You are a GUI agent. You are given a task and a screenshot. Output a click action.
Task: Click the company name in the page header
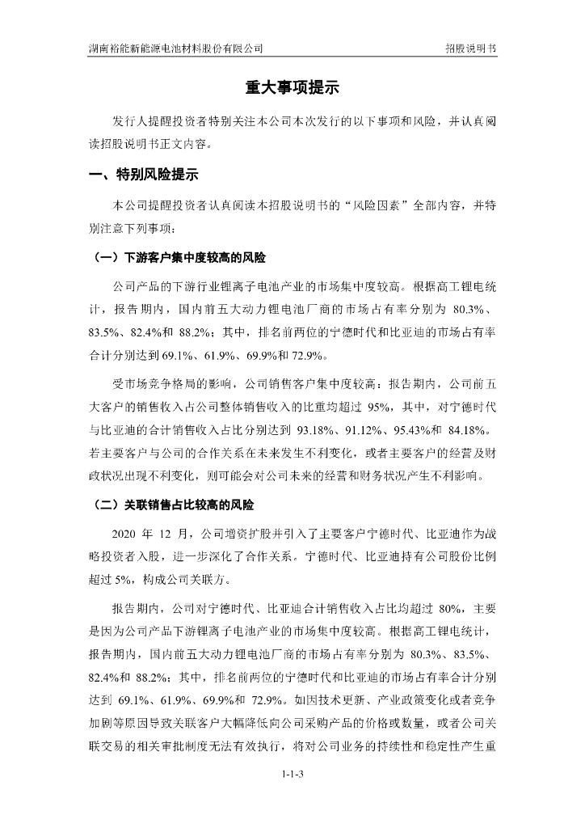click(175, 49)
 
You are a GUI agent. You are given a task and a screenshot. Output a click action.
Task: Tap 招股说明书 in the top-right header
click(470, 49)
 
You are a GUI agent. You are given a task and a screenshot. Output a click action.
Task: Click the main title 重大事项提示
click(292, 87)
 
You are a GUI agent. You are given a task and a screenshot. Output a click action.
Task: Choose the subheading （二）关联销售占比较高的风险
click(171, 505)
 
